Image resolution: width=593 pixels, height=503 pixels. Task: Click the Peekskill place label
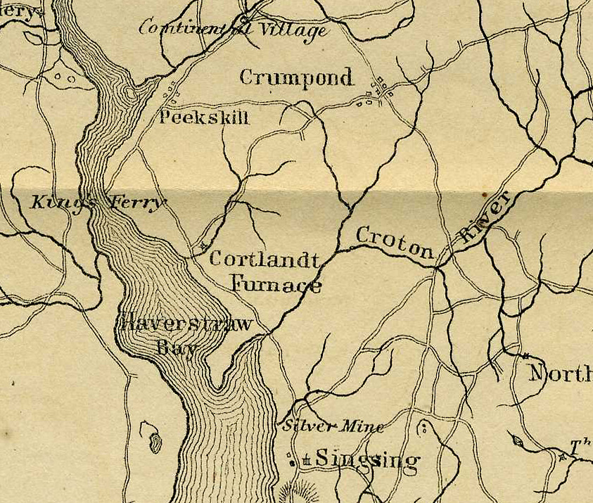204,117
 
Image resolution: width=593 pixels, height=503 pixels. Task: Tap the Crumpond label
296,77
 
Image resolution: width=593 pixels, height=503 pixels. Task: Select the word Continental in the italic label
188,27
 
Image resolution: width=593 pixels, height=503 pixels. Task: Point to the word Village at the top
293,30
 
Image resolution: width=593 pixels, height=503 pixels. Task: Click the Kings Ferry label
98,203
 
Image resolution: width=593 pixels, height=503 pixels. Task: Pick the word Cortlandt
264,259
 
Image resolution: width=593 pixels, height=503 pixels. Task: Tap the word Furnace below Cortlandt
276,285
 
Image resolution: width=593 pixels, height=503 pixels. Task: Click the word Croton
394,243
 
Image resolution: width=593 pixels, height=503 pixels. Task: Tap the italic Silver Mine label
333,426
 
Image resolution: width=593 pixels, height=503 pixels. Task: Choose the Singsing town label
367,460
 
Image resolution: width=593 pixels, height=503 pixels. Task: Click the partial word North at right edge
560,373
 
